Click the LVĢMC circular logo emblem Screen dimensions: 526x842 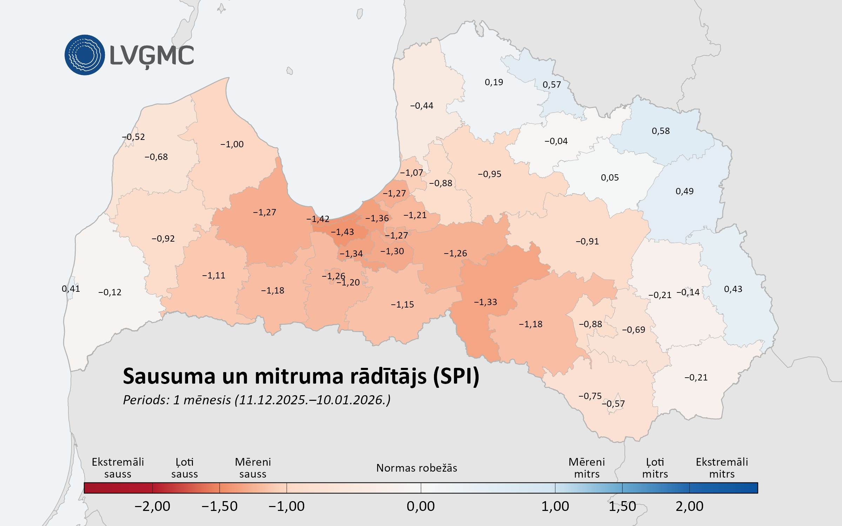tap(85, 55)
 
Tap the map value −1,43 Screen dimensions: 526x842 tap(342, 232)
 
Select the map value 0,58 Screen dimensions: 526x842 tap(661, 131)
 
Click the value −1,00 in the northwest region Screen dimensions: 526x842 tap(232, 144)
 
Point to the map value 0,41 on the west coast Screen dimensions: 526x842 tap(71, 289)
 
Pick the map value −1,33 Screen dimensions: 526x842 tap(486, 302)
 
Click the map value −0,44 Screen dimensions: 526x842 tap(422, 106)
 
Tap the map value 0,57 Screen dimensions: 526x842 tap(552, 85)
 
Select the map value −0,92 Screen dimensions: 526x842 tap(163, 239)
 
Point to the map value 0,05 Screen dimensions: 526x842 tap(610, 178)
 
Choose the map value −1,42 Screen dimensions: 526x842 tap(318, 219)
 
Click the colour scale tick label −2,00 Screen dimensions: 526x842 tap(152, 506)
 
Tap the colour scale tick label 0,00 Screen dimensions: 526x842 tap(421, 506)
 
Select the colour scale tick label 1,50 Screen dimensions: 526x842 tap(622, 506)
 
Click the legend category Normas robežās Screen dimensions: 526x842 tap(416, 468)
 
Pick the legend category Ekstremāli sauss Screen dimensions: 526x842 tap(118, 468)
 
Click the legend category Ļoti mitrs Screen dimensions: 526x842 tap(655, 468)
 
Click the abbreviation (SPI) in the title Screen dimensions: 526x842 tap(456, 377)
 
